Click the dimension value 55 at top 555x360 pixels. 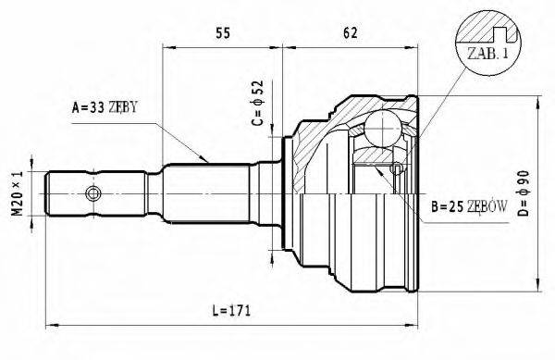click(222, 33)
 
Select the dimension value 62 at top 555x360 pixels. click(350, 33)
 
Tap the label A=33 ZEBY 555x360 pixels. click(105, 108)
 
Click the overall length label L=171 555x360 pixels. click(228, 308)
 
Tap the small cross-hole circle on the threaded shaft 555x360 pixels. click(92, 193)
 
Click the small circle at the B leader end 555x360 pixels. click(396, 168)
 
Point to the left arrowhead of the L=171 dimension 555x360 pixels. click(51, 324)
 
